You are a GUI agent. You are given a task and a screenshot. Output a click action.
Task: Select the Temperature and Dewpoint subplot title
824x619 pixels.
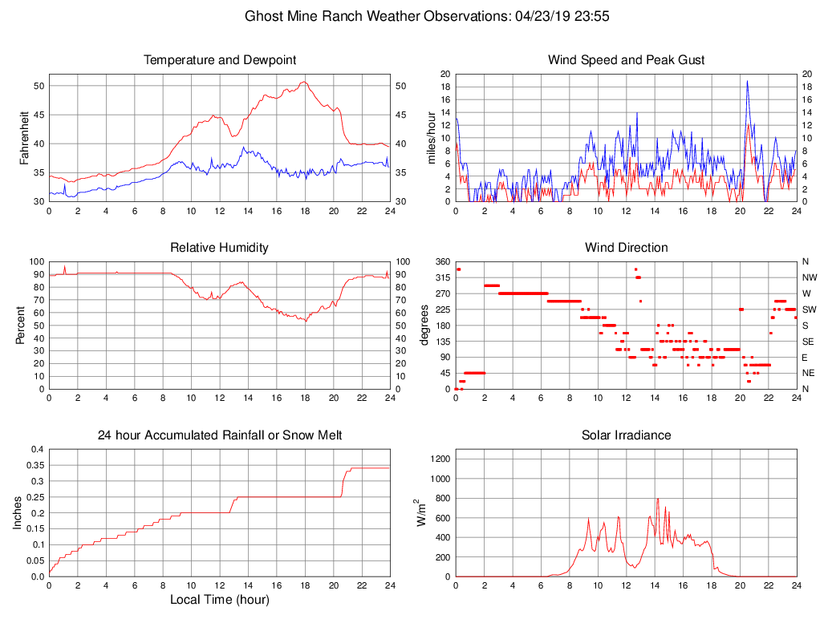220,60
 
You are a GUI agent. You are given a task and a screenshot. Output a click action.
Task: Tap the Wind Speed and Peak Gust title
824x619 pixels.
626,60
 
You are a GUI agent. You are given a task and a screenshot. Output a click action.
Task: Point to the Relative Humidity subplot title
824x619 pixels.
219,248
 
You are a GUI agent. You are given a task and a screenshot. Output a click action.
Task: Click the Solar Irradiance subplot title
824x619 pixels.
626,435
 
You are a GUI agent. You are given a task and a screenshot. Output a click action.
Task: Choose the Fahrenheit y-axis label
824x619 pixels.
24,137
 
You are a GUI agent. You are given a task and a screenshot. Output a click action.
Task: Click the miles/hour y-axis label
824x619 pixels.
431,138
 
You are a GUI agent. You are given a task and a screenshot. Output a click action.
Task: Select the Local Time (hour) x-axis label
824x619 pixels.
219,600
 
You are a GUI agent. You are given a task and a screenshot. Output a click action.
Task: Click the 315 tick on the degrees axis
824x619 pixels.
443,277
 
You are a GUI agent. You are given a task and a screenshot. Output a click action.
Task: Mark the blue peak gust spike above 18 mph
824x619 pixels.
747,81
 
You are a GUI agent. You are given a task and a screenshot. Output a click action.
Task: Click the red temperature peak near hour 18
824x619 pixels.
303,82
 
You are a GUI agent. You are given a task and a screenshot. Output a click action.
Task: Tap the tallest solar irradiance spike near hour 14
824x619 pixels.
658,500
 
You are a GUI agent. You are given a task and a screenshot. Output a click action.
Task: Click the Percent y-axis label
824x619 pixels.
21,325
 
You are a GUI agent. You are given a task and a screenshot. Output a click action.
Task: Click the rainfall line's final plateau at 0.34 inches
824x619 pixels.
369,468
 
